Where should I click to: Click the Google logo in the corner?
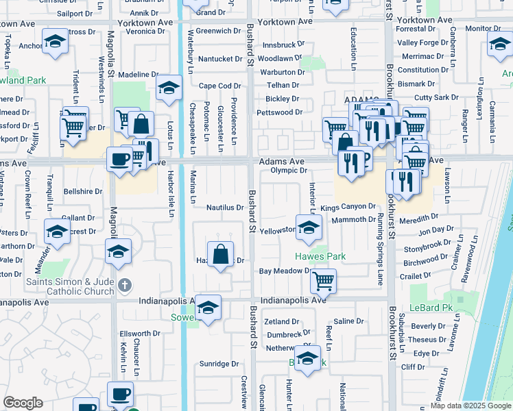pyautogui.click(x=23, y=403)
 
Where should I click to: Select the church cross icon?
pyautogui.click(x=123, y=284)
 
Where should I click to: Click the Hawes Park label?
pyautogui.click(x=320, y=256)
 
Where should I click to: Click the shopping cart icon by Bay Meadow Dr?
pyautogui.click(x=323, y=279)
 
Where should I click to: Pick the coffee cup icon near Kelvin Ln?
pyautogui.click(x=120, y=394)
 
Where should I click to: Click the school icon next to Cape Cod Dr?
pyautogui.click(x=169, y=88)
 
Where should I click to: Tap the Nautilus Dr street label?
pyautogui.click(x=225, y=207)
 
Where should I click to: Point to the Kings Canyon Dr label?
pyautogui.click(x=348, y=206)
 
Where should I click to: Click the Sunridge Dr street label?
pyautogui.click(x=219, y=364)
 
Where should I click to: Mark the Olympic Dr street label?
pyautogui.click(x=287, y=170)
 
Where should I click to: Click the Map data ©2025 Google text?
pyautogui.click(x=470, y=406)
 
